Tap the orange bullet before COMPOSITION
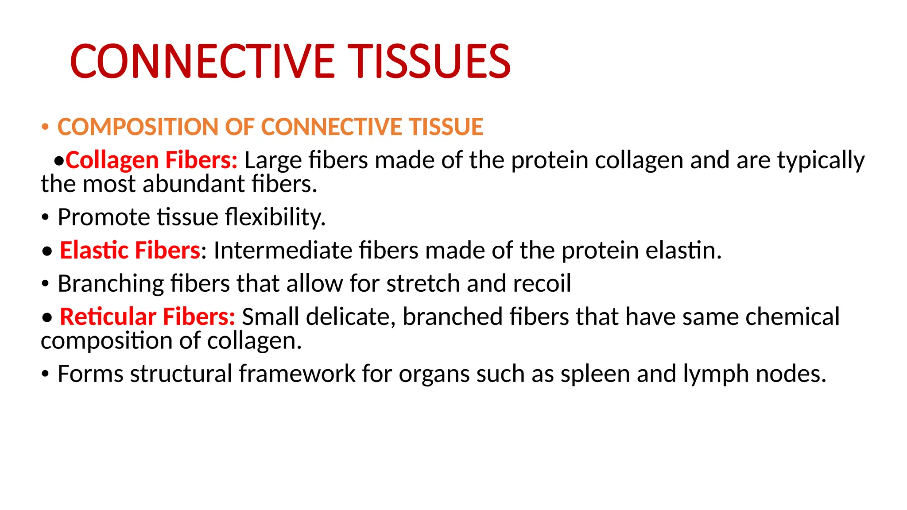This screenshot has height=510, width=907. [45, 127]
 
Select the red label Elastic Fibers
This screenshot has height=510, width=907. [130, 251]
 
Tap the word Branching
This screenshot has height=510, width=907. [110, 284]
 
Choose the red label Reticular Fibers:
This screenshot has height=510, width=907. [147, 317]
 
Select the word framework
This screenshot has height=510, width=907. [297, 374]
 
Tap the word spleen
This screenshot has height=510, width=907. [595, 374]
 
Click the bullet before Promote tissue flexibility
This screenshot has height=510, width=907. [45, 218]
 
